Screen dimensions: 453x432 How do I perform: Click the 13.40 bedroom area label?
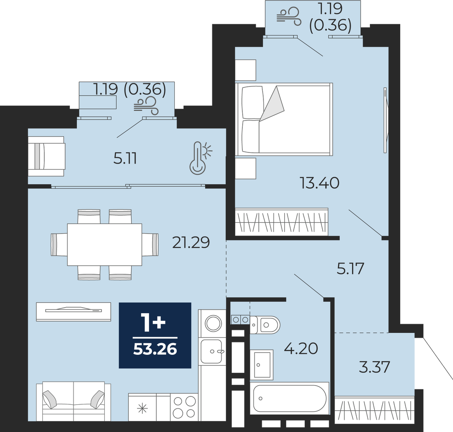319,183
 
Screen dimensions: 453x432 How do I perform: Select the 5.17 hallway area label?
350,269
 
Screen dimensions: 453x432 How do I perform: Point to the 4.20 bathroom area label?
301,348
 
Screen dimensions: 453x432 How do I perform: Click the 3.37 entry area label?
374,367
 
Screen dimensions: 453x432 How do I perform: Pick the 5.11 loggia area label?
125,159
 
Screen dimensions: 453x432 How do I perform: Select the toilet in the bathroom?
265,325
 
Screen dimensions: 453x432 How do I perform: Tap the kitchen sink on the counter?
212,351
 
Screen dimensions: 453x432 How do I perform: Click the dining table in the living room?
105,244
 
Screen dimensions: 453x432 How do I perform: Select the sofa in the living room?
74,400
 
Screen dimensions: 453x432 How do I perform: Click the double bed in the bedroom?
284,119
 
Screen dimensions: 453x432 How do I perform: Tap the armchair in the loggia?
46,156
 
